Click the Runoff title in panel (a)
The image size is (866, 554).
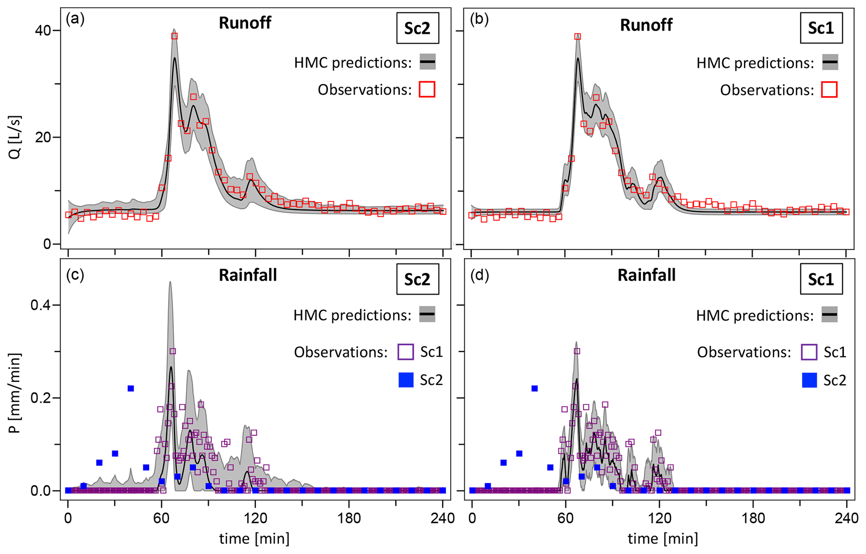click(245, 23)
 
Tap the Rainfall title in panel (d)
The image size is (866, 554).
click(646, 275)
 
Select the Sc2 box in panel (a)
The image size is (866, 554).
click(417, 28)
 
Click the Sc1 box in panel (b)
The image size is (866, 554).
click(821, 28)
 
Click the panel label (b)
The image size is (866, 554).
click(479, 20)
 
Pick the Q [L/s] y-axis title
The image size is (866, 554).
click(15, 137)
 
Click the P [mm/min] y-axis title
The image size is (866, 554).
click(15, 393)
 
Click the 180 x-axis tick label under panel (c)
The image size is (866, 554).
click(349, 518)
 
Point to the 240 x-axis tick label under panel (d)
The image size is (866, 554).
click(846, 518)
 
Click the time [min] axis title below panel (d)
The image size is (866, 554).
click(662, 538)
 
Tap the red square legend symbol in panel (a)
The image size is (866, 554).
click(427, 89)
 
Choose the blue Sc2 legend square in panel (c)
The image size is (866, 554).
click(406, 380)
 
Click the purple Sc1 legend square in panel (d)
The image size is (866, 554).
click(809, 352)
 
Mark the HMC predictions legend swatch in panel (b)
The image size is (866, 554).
click(830, 62)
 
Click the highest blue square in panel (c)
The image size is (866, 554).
click(131, 388)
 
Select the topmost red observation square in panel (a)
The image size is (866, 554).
click(174, 36)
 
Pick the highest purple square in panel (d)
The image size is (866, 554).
click(577, 351)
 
